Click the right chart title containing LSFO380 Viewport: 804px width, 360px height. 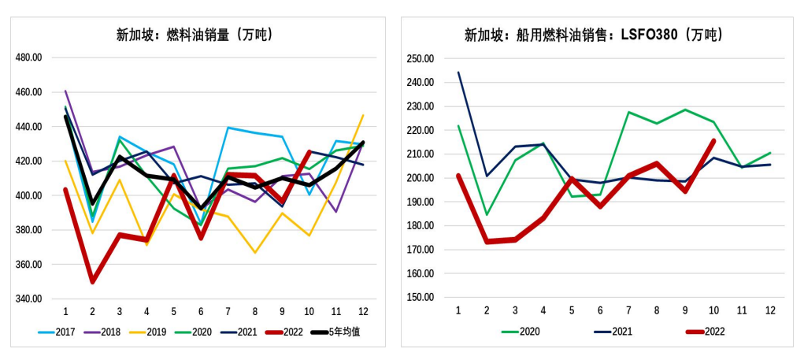point(593,35)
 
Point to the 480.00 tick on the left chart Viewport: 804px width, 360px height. point(28,58)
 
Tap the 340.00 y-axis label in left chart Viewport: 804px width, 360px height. point(28,299)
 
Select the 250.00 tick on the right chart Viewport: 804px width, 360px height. point(421,59)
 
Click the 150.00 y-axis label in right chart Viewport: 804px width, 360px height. point(421,298)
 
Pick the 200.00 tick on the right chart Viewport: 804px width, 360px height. point(421,178)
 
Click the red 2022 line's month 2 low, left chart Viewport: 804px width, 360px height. point(93,281)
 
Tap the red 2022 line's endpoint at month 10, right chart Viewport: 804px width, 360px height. point(713,141)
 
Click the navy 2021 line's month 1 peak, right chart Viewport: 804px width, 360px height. point(458,72)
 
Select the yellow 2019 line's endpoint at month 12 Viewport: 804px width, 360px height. point(363,115)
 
